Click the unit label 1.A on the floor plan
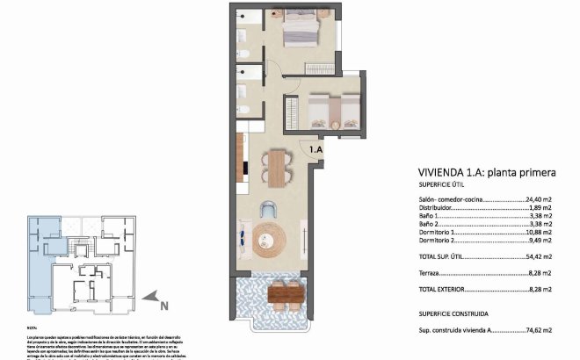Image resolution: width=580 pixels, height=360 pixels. click(315, 150)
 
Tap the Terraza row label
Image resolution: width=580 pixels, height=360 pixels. click(432, 273)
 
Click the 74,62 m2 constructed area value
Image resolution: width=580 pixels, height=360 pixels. click(536, 330)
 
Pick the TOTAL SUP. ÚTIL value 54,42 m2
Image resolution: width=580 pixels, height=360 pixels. click(536, 256)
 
